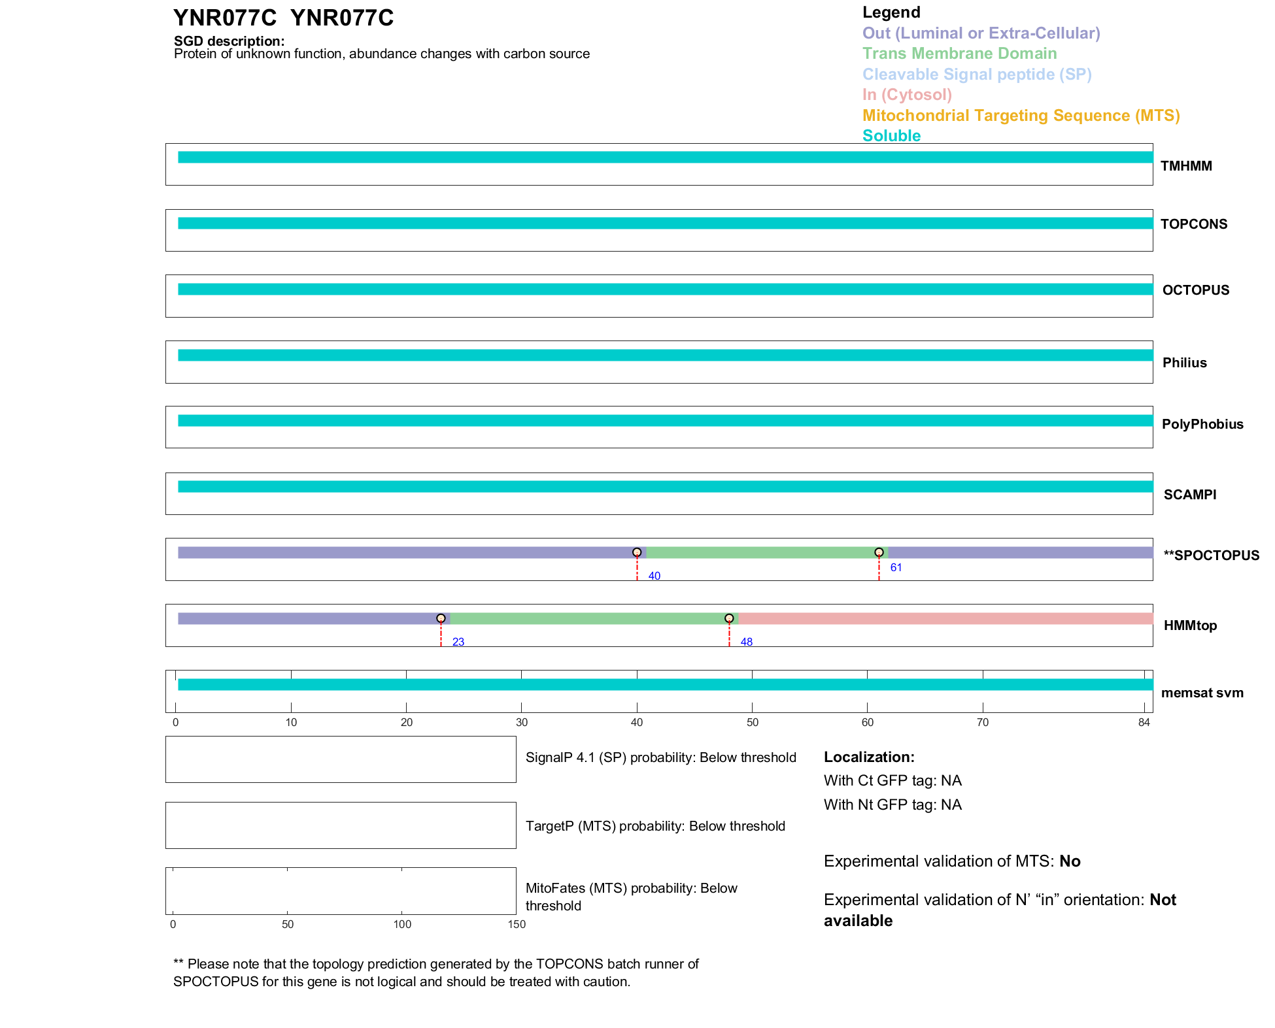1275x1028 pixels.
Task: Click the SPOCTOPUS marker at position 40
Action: tap(637, 552)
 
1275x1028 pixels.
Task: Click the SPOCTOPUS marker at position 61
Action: tap(879, 552)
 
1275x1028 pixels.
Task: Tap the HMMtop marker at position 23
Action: tap(441, 618)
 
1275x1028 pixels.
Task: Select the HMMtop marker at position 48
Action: tap(729, 618)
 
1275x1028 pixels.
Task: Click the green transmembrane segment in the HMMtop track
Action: tap(588, 618)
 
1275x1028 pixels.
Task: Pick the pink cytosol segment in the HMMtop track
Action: tap(945, 618)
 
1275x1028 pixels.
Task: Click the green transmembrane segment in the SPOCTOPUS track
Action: tap(762, 552)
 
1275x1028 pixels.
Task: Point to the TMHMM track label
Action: tap(1186, 166)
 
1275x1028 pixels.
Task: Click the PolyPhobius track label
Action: tap(1202, 424)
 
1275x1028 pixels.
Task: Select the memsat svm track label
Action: tap(1202, 693)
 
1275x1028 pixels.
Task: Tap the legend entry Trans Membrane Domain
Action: tap(959, 54)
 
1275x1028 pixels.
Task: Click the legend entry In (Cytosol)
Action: tap(907, 95)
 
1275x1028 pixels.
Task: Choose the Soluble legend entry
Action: tap(891, 136)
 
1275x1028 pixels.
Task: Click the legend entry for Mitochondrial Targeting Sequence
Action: tap(1021, 116)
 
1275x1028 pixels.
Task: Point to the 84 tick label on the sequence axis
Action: tap(1144, 722)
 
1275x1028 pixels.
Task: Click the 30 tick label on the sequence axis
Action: tap(521, 722)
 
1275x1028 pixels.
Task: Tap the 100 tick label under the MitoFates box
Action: tap(402, 924)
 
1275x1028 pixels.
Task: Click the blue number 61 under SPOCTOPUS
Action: tap(896, 567)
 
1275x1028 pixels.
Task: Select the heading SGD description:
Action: tap(229, 41)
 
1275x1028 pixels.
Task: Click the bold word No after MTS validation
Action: tap(1070, 861)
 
